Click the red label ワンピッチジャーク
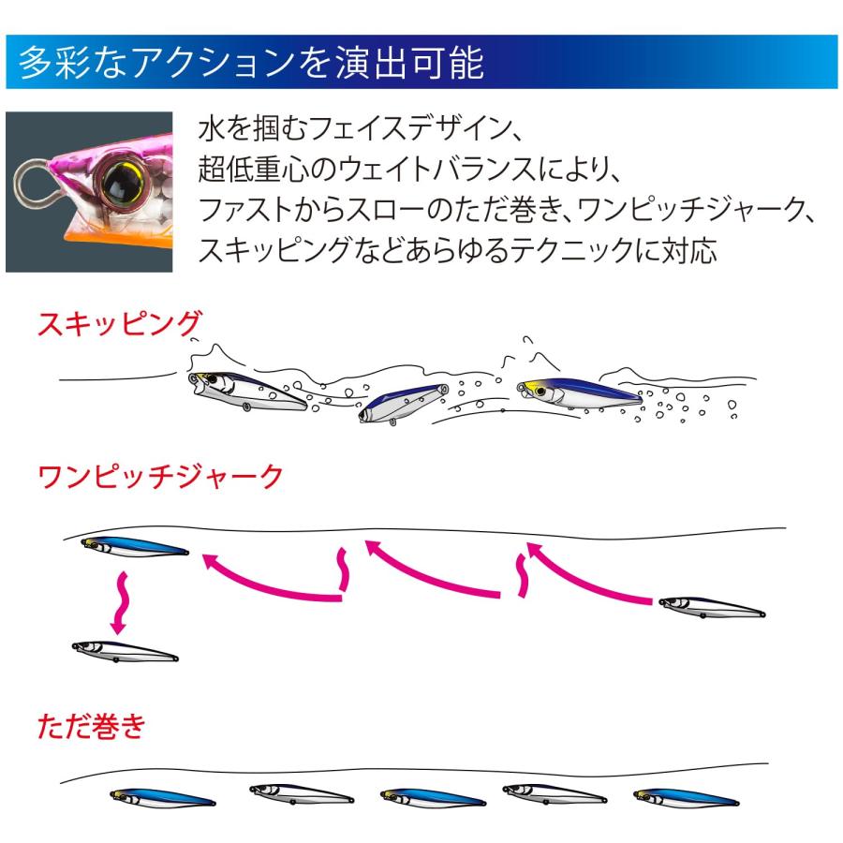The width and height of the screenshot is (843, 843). point(159,477)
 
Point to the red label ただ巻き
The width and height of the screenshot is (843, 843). point(91,727)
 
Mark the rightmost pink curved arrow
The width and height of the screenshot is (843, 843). point(590,571)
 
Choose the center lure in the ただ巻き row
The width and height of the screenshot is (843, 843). point(432,798)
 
